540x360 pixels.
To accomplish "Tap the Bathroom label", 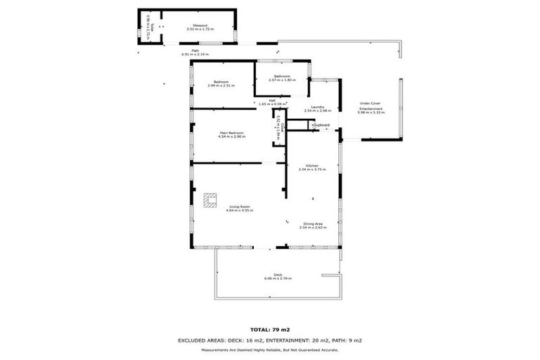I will (x=283, y=76).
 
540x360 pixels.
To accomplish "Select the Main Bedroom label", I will (x=231, y=132).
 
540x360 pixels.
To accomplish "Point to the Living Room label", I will (x=239, y=206).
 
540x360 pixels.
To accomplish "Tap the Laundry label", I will (x=317, y=107).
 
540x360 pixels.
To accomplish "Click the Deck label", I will (x=278, y=274).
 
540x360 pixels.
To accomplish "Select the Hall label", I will (x=262, y=100).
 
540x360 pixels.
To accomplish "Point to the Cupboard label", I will (x=321, y=125).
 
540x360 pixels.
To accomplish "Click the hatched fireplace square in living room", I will (x=210, y=200).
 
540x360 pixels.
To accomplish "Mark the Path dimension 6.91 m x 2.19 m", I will (x=196, y=54).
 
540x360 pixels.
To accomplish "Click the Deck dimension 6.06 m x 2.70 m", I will (x=278, y=279).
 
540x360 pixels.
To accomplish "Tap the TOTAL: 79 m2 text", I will (x=270, y=329).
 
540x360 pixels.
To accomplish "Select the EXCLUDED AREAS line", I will (x=270, y=340).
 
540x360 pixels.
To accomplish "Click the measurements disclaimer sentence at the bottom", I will (x=270, y=349).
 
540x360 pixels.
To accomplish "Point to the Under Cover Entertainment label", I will (x=371, y=106).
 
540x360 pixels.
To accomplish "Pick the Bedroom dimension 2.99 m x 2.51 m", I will (x=221, y=86).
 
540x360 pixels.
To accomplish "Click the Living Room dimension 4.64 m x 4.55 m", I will (x=239, y=210).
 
